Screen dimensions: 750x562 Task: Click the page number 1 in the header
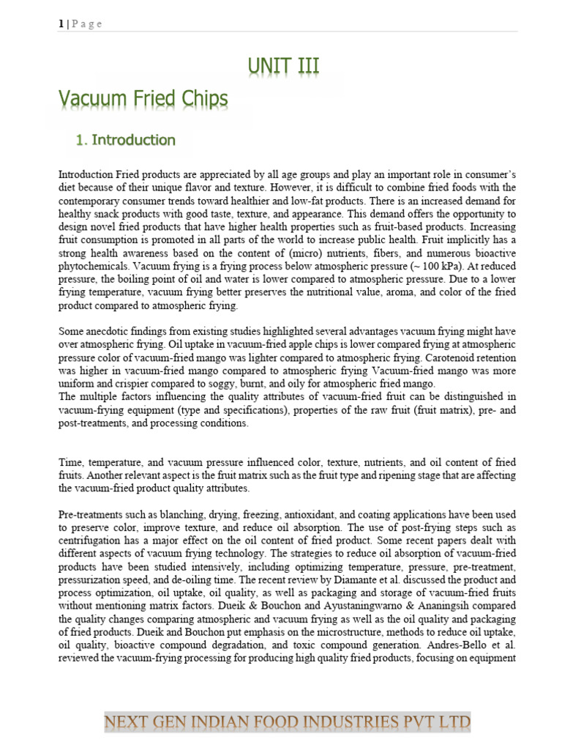point(61,23)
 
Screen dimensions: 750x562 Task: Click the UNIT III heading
point(282,68)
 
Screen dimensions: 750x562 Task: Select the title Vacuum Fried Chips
point(143,99)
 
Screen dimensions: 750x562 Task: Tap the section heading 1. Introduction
point(126,140)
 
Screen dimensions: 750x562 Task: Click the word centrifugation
point(91,543)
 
